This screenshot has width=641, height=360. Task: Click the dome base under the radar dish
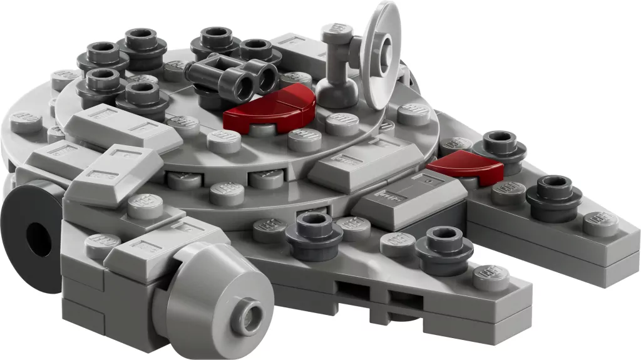coord(337,93)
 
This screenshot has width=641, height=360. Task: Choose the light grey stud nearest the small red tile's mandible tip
coord(600,223)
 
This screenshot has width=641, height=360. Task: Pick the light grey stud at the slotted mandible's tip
coord(490,276)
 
